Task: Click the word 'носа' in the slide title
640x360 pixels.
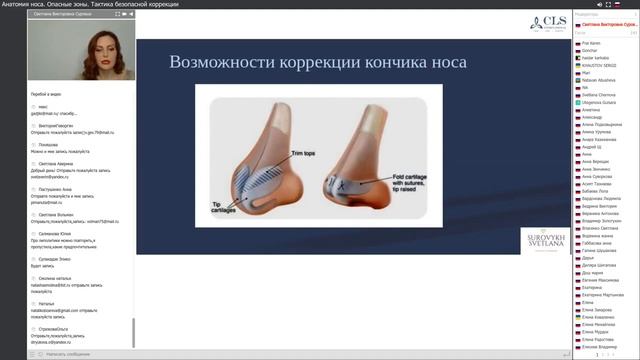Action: click(x=445, y=62)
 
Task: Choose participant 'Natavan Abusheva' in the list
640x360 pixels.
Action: click(x=599, y=79)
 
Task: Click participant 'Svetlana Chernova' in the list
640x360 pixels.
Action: click(x=600, y=94)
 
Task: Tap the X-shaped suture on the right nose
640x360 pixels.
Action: click(x=343, y=184)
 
